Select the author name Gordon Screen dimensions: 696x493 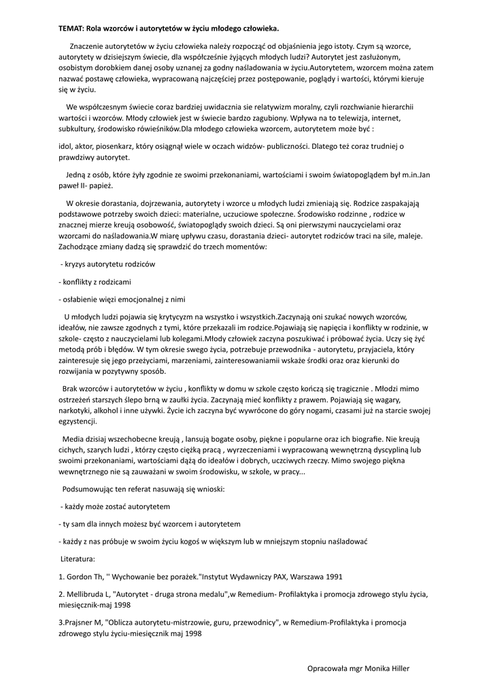coord(78,576)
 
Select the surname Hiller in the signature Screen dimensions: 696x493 coord(396,668)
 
